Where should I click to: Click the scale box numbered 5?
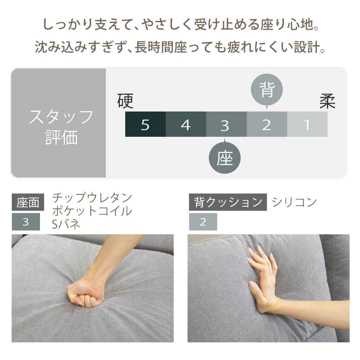(145, 124)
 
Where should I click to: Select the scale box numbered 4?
(186, 124)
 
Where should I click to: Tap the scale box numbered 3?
(226, 124)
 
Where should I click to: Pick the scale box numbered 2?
(267, 124)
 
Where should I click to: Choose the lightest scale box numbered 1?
(307, 124)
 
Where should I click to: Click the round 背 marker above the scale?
(267, 90)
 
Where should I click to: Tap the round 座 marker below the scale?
(225, 158)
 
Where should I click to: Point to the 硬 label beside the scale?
(125, 101)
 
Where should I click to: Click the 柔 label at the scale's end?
(327, 101)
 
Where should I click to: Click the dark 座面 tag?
(28, 202)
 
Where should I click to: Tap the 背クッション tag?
(228, 202)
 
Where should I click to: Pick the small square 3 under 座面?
(26, 222)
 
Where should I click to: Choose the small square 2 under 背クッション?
(203, 222)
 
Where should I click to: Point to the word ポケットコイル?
(92, 211)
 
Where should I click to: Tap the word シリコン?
(294, 202)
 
